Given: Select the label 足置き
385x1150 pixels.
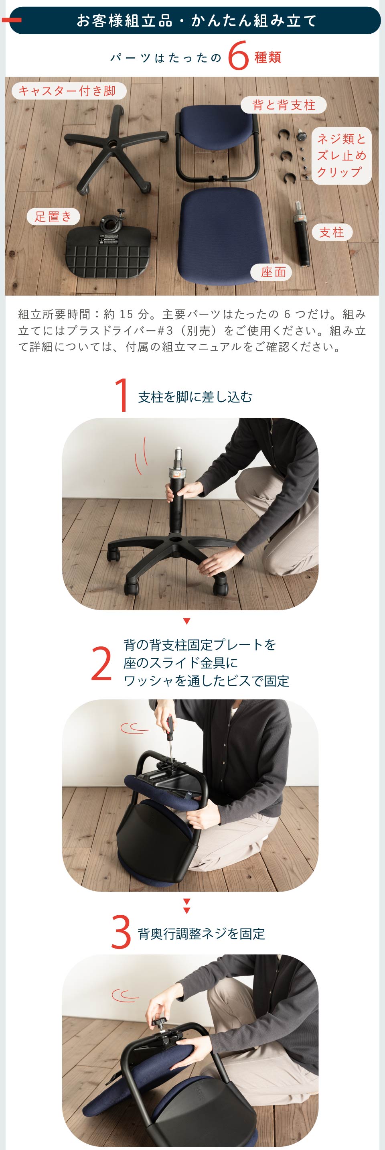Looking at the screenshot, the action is coord(53,217).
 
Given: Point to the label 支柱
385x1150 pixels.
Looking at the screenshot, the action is coord(332,232).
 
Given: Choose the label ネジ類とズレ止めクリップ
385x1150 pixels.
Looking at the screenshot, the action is coord(341,155).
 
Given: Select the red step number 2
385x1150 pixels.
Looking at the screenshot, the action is coord(101,664).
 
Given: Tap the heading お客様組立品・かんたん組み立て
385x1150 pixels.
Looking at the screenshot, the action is coord(196,20).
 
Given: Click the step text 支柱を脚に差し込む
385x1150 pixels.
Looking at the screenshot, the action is coord(195,397).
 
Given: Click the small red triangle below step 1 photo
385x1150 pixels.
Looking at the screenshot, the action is coord(187,621).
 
